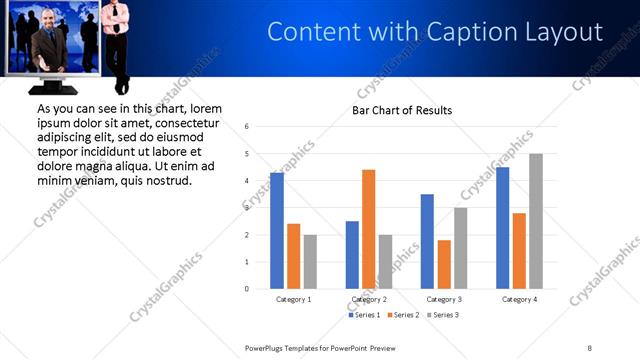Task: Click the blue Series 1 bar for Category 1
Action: pos(277,231)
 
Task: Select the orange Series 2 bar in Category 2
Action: pos(368,229)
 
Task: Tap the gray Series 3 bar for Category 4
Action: pos(536,221)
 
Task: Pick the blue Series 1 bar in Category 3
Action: pos(427,241)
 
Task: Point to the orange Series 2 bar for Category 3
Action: pos(444,264)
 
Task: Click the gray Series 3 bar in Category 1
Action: pos(310,262)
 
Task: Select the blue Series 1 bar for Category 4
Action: pos(503,228)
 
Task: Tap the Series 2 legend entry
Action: pos(403,315)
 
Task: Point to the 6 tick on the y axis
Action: pos(247,127)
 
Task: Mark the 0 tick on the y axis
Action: pos(247,289)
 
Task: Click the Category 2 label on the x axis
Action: pos(370,299)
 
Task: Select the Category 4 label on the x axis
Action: pos(520,299)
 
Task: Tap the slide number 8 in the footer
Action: pos(590,347)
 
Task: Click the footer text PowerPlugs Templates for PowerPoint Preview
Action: pos(320,347)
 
